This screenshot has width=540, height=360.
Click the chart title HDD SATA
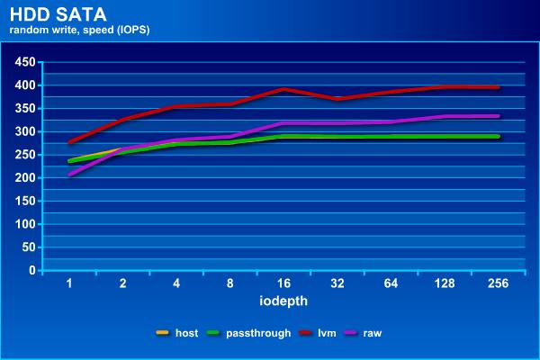[x=50, y=14]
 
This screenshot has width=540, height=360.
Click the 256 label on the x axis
[x=498, y=283]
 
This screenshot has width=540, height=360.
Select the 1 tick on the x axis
[x=70, y=283]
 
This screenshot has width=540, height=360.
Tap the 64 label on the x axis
[x=391, y=283]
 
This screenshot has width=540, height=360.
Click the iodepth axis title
[x=283, y=301]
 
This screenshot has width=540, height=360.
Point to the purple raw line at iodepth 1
[x=70, y=174]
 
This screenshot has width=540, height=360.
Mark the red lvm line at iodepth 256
[x=498, y=87]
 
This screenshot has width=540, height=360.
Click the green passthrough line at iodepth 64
[x=391, y=137]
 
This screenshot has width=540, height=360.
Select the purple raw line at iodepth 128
[x=445, y=117]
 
